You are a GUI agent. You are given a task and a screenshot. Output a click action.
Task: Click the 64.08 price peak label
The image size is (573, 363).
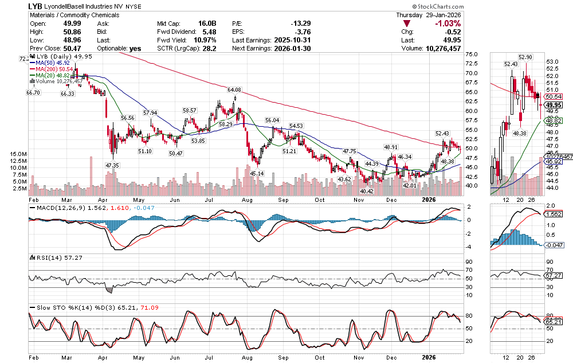(234, 90)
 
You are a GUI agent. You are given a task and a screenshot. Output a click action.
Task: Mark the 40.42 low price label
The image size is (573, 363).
(366, 191)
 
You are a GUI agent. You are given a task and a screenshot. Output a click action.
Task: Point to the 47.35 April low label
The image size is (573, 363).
(112, 165)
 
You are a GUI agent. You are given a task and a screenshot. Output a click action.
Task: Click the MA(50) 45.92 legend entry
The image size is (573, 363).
(56, 63)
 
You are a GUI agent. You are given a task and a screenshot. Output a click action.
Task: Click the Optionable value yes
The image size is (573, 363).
(135, 49)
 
